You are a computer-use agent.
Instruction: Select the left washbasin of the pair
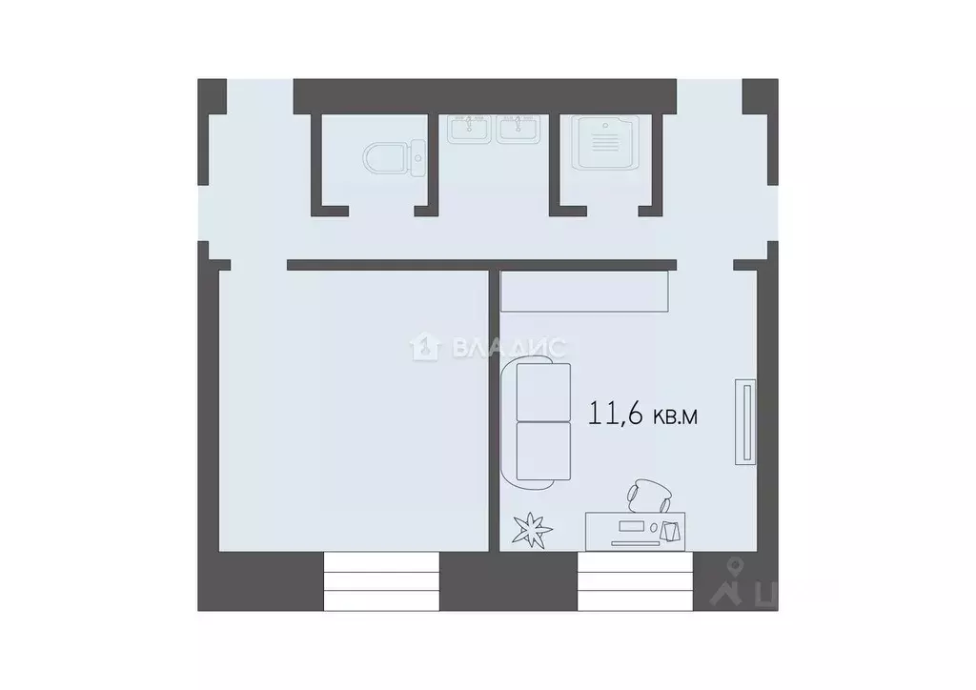(x=470, y=129)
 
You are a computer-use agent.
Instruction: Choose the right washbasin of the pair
(x=518, y=129)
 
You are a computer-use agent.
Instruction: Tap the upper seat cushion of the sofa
(x=543, y=393)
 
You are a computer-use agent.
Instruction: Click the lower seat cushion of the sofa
(x=543, y=450)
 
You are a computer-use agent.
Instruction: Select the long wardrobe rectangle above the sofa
(x=585, y=291)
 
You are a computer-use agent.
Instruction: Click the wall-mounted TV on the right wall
(x=745, y=422)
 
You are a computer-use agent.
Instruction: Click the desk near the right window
(x=633, y=530)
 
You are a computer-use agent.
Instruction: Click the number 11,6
(x=616, y=416)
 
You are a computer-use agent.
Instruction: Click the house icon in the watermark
(x=422, y=347)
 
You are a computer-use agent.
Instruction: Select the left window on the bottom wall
(x=381, y=581)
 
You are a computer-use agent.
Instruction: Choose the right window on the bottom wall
(x=635, y=581)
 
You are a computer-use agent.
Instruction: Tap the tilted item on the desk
(x=672, y=530)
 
